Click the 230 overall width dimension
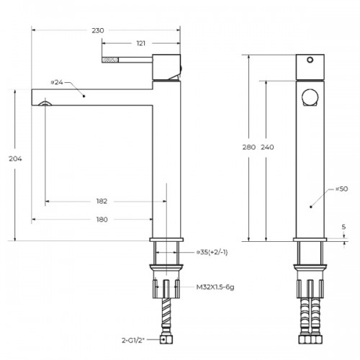(x=98, y=30)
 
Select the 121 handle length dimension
(x=141, y=43)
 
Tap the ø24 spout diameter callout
(x=57, y=82)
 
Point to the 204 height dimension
(x=15, y=158)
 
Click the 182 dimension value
(x=102, y=201)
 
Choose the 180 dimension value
(x=102, y=220)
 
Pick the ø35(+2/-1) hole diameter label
(x=212, y=253)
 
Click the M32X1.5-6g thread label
(x=215, y=287)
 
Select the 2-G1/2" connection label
(x=133, y=340)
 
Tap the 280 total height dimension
(x=249, y=147)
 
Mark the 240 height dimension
(x=267, y=147)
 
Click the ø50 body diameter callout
(x=341, y=189)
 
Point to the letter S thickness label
(x=343, y=227)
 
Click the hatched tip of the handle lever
(x=110, y=60)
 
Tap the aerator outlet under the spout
(x=45, y=104)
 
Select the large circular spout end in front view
(x=310, y=97)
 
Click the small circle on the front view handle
(x=310, y=60)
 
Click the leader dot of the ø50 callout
(x=311, y=207)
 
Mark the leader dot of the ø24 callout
(x=84, y=96)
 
